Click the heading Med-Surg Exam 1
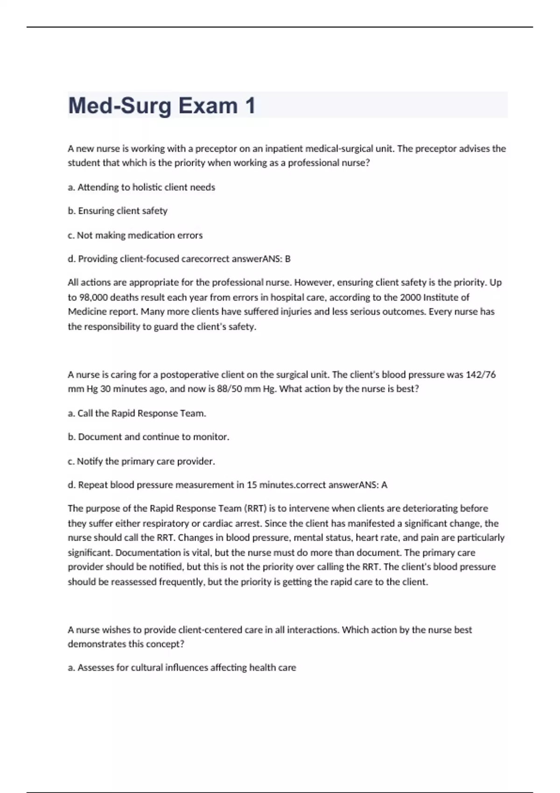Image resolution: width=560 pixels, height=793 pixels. coord(161,105)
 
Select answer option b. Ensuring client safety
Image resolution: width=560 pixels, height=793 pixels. coord(118,211)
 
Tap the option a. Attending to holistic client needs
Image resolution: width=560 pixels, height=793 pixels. coord(141,187)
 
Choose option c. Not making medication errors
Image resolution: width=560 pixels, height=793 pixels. coord(135,235)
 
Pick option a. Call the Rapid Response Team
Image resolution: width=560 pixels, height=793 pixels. coord(137,413)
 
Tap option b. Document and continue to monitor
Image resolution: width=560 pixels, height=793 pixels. coord(148,437)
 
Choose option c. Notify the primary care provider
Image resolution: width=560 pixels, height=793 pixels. coord(141,461)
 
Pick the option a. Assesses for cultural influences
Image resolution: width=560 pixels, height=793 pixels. coord(182,668)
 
